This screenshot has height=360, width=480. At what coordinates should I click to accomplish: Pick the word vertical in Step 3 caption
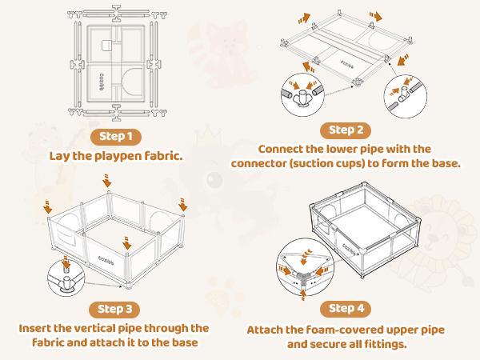(113, 328)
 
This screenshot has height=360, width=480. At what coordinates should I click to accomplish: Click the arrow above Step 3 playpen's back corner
(109, 185)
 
